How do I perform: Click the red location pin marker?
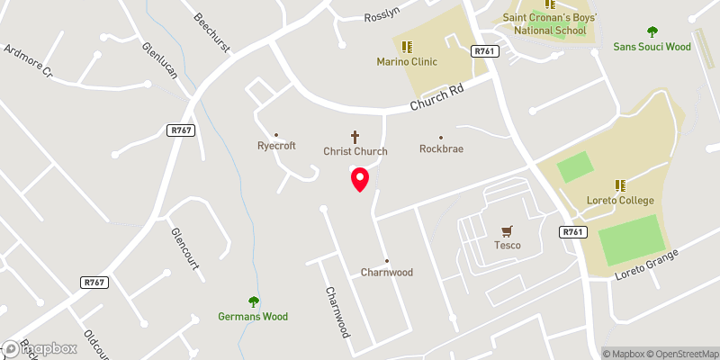[x=359, y=179]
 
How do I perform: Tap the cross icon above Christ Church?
[x=355, y=137]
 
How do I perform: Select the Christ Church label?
[x=355, y=151]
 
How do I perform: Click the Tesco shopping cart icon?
[x=508, y=230]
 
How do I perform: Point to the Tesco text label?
[x=508, y=245]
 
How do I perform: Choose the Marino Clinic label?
[x=406, y=62]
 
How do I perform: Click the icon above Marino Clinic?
[x=406, y=47]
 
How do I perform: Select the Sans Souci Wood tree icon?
[x=652, y=31]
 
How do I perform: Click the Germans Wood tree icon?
[x=253, y=301]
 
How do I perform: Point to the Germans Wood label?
[x=253, y=316]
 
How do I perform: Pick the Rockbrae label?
[x=441, y=149]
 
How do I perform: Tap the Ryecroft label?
[x=276, y=146]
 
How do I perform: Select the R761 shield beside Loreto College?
[x=572, y=232]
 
